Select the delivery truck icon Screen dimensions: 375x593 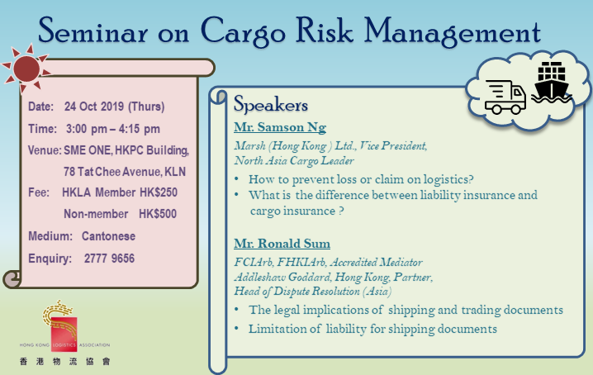click(x=505, y=96)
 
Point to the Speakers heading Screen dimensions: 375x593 click(x=271, y=106)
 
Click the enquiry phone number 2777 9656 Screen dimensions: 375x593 click(x=109, y=258)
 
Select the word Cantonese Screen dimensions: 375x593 click(x=108, y=236)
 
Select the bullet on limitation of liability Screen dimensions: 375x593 click(x=372, y=329)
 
